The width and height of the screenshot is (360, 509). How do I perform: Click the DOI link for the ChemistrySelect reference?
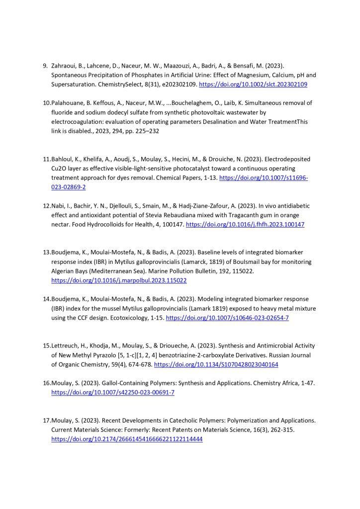253,85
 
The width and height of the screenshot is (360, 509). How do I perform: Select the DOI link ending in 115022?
119,280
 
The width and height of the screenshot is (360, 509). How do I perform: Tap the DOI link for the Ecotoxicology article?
227,318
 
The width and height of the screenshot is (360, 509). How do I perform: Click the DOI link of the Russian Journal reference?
216,364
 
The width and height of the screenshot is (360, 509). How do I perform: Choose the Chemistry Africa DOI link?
113,392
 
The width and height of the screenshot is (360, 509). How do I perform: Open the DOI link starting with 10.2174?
127,439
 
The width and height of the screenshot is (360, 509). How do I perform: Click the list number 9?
45,66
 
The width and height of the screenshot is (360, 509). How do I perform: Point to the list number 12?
46,206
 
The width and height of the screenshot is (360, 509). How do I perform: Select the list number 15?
46,345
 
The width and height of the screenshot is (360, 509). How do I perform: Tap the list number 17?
46,421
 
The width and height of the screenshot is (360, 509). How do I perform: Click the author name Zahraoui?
65,66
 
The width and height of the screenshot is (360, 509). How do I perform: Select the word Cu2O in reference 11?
59,169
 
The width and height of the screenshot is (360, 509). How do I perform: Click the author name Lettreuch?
67,345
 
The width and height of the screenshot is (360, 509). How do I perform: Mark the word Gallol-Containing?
123,383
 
